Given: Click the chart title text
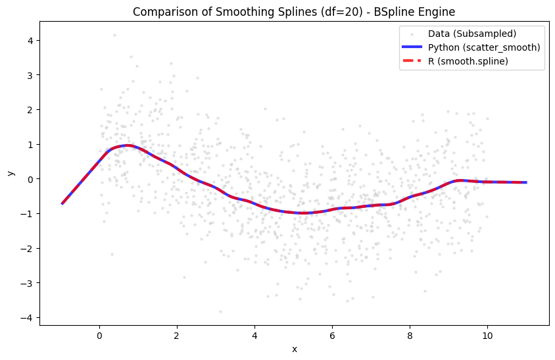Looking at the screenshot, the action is (x=294, y=12).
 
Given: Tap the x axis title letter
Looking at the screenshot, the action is (x=295, y=349).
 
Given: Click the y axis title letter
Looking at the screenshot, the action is (x=11, y=173).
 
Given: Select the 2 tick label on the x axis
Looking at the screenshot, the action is (x=177, y=336).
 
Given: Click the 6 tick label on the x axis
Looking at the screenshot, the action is (x=332, y=336).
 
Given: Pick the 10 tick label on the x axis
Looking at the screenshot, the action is (x=487, y=336).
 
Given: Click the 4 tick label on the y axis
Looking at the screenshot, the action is (x=30, y=41).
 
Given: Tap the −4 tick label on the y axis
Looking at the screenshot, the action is (x=27, y=318).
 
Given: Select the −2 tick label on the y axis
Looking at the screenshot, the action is (x=27, y=248).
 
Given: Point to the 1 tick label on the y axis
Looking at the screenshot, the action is (x=30, y=145).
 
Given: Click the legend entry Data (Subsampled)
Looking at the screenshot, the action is (x=472, y=34).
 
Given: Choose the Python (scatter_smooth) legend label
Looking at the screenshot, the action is (x=484, y=47).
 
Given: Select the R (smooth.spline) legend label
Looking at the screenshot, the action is (x=468, y=61).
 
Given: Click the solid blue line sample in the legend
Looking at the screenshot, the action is (x=412, y=47).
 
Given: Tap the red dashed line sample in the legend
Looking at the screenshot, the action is (x=412, y=61).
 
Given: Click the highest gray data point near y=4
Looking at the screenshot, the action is (x=114, y=35).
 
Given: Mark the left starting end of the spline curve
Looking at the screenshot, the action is (x=62, y=204).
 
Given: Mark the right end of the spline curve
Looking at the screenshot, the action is (x=526, y=182).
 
